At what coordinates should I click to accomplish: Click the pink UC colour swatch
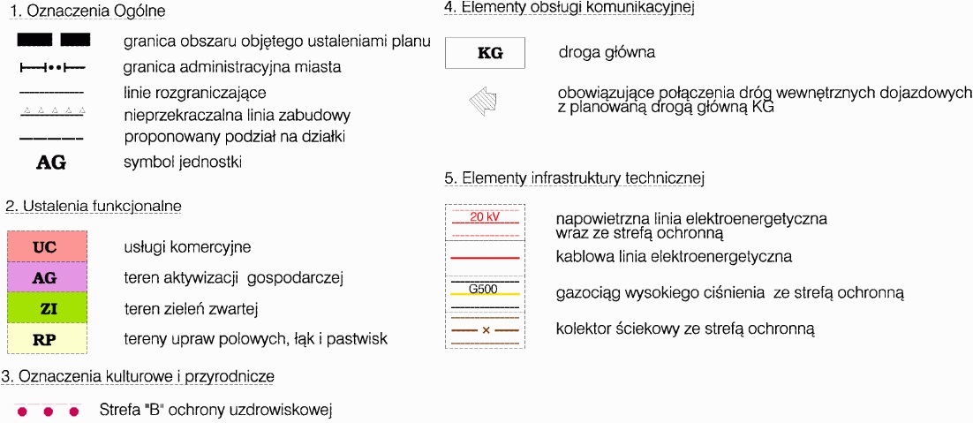(x=46, y=247)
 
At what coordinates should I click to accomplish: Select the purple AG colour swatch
(x=46, y=277)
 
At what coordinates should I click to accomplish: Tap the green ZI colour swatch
(x=46, y=308)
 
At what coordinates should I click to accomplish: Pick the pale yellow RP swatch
(x=46, y=338)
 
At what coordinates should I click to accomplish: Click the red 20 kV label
(x=485, y=217)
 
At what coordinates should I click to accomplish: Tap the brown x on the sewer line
(x=486, y=329)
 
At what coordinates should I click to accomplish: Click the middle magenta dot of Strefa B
(x=49, y=412)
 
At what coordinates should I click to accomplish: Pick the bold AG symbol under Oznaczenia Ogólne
(x=51, y=162)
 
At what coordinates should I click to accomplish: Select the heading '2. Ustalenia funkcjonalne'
(x=94, y=206)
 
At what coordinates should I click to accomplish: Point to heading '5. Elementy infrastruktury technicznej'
(x=574, y=178)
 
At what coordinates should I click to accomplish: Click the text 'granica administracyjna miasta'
(x=232, y=67)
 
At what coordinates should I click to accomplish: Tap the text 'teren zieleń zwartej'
(x=191, y=308)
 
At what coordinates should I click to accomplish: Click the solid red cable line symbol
(x=485, y=257)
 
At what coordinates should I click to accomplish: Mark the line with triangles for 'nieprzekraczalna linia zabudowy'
(x=52, y=112)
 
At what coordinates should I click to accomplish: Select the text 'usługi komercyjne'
(x=187, y=247)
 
